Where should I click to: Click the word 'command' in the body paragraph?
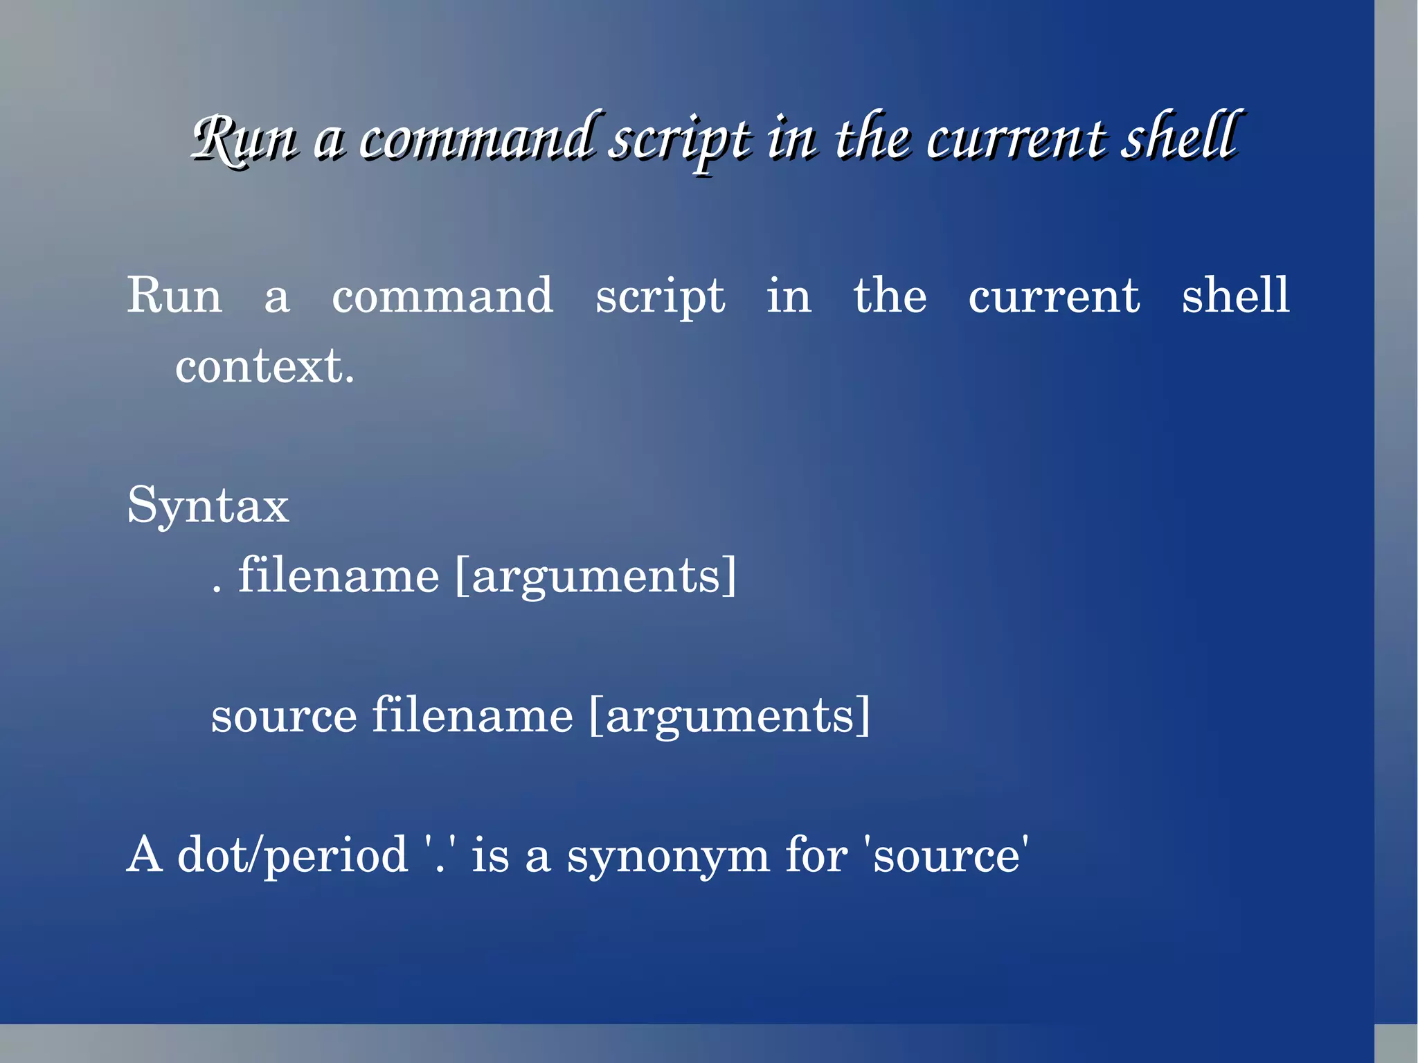click(x=442, y=296)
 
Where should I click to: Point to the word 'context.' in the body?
click(x=264, y=367)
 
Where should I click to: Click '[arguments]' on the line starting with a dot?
click(x=596, y=577)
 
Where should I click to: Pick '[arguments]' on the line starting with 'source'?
click(x=730, y=716)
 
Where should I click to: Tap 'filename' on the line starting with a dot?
click(x=339, y=576)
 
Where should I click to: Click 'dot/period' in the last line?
click(x=293, y=857)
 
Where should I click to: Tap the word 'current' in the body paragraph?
click(x=1053, y=296)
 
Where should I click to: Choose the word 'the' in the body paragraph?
click(x=890, y=296)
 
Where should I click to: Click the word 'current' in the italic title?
click(x=1016, y=139)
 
